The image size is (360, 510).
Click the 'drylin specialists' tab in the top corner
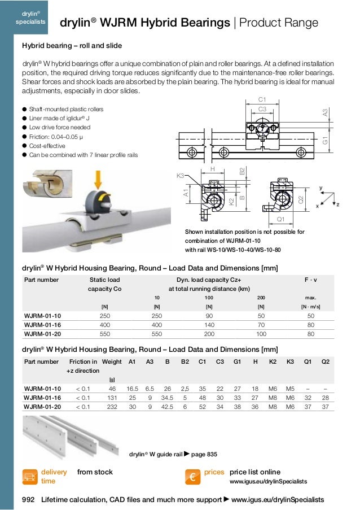[25, 18]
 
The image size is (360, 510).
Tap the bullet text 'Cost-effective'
[50, 146]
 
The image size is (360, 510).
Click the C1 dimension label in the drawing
[262, 99]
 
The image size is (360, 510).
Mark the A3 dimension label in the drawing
[325, 112]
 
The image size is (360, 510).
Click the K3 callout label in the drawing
[181, 176]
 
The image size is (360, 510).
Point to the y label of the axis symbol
[321, 188]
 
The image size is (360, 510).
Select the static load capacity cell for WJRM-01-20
[104, 334]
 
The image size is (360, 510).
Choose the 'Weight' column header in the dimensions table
[112, 361]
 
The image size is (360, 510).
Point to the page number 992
[28, 500]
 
